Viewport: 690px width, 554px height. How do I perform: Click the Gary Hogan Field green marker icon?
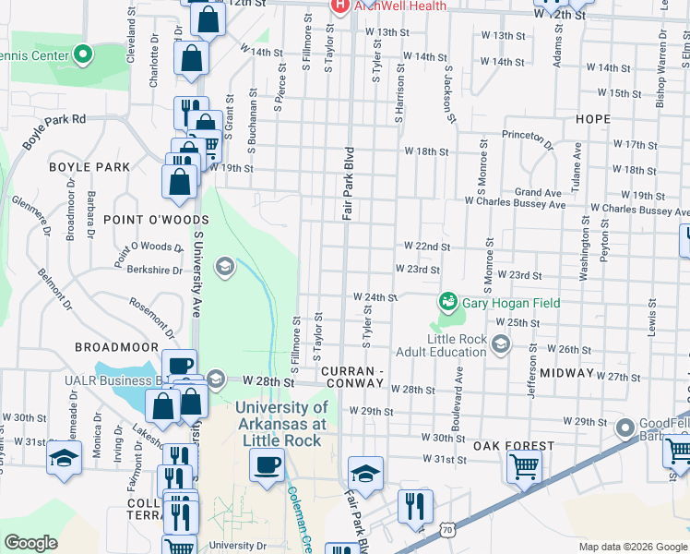click(447, 302)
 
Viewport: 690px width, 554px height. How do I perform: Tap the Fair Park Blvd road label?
click(349, 182)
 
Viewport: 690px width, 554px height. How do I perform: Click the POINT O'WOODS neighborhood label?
click(143, 220)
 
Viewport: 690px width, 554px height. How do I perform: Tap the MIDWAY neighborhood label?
click(566, 372)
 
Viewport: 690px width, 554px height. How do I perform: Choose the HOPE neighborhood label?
click(592, 119)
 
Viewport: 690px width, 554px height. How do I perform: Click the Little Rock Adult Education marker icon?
click(501, 345)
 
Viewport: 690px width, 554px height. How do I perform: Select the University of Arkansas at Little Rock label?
click(280, 424)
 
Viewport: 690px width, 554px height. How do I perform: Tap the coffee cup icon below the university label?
click(267, 464)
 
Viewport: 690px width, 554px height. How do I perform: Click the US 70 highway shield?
click(447, 530)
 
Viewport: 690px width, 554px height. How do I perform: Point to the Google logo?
click(30, 543)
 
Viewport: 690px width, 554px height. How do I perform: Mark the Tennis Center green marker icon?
click(83, 54)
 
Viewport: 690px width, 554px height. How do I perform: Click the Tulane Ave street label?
click(577, 166)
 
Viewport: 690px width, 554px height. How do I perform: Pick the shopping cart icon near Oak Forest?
click(523, 466)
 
